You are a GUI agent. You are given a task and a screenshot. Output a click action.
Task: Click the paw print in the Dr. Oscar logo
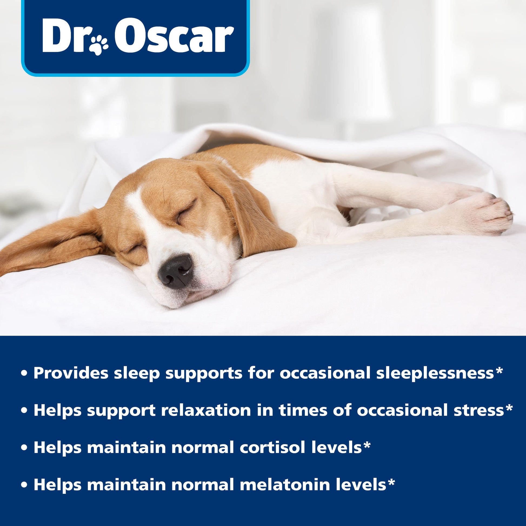(99, 45)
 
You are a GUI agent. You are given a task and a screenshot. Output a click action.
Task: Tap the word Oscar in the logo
(174, 36)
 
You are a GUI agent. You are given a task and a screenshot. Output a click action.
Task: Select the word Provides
(71, 373)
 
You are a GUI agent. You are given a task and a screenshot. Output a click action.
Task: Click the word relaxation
(206, 410)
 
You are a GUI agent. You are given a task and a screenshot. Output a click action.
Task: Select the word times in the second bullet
(302, 410)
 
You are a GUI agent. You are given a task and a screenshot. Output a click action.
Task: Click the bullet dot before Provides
(25, 374)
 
